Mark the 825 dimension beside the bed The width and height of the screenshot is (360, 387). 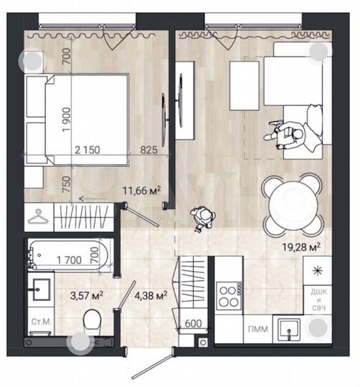149,150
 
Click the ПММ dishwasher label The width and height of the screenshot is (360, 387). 255,329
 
